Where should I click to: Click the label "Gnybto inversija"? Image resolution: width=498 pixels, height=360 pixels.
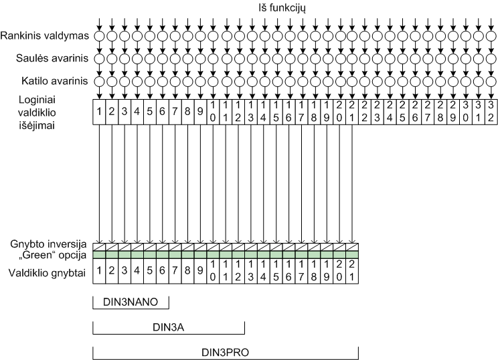coord(46,242)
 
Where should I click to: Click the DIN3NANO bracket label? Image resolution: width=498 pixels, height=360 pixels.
coord(130,302)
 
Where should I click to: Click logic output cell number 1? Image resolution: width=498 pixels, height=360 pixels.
coord(98,110)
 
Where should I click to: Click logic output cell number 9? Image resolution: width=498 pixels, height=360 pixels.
coord(199,110)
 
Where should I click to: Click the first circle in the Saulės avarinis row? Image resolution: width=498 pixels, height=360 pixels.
coord(98,59)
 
